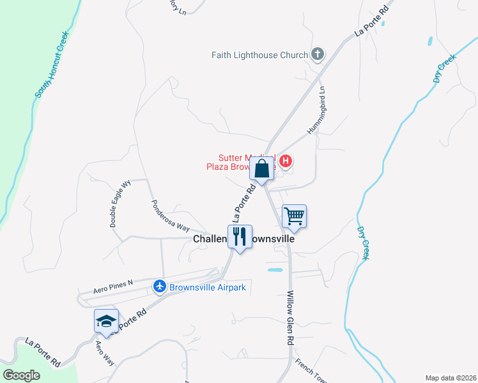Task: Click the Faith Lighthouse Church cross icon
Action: coord(317,55)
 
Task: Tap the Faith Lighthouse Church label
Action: coord(259,56)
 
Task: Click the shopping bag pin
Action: coord(262,170)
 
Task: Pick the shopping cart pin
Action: coord(294,216)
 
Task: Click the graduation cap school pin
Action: coord(106,321)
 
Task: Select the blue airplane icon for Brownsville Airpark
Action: coord(160,287)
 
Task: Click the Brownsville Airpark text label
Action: coord(207,287)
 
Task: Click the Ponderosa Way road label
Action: coord(171,217)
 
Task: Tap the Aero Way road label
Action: coord(104,352)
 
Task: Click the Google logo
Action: coord(21,375)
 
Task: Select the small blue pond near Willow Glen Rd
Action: coord(275,271)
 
